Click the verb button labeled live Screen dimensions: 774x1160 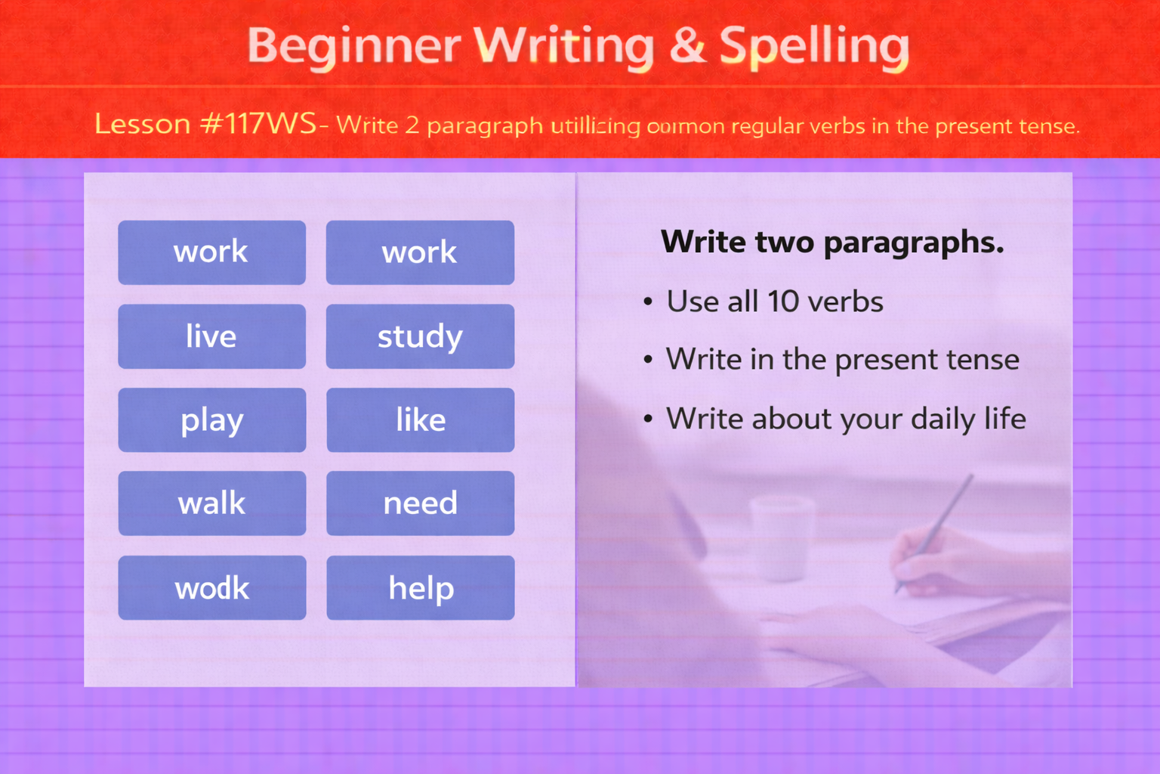coord(211,336)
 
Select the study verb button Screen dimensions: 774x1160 coord(420,336)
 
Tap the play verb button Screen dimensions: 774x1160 coord(211,420)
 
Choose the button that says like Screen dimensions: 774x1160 coord(420,420)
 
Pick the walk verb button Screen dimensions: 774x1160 coord(211,503)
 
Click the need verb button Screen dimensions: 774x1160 coord(420,503)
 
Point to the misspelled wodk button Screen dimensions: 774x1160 coord(211,588)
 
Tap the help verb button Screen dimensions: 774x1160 coord(420,588)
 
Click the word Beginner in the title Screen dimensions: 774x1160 coord(353,46)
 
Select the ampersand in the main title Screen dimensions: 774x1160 coord(686,45)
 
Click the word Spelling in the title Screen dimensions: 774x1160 coord(814,46)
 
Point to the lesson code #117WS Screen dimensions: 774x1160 coord(258,124)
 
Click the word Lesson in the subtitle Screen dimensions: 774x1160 coord(142,124)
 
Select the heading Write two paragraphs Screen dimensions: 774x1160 coord(832,243)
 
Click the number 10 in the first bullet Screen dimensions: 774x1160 coord(783,302)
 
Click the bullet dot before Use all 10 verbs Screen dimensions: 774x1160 coord(648,302)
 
